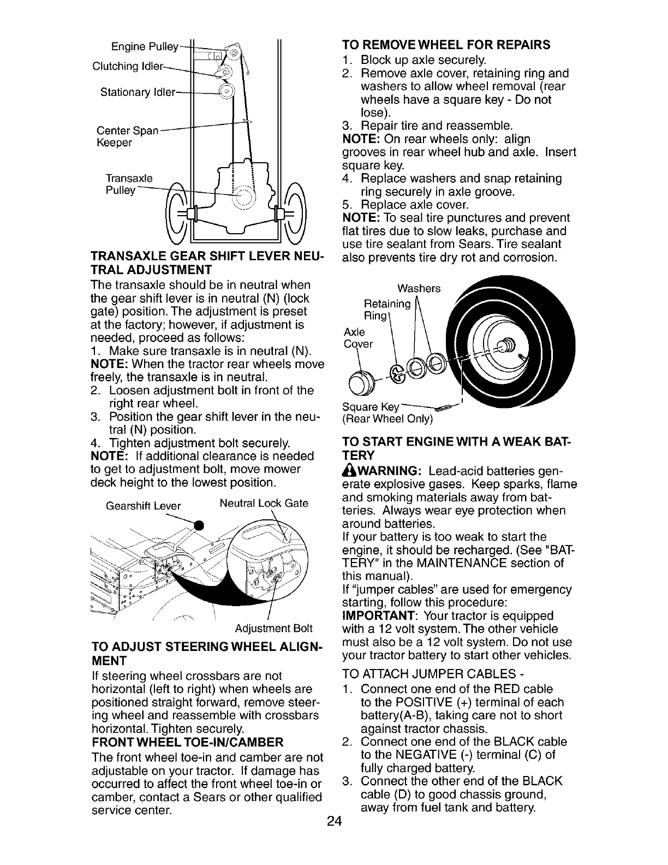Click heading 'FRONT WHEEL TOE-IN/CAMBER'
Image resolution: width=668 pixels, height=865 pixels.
188,742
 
